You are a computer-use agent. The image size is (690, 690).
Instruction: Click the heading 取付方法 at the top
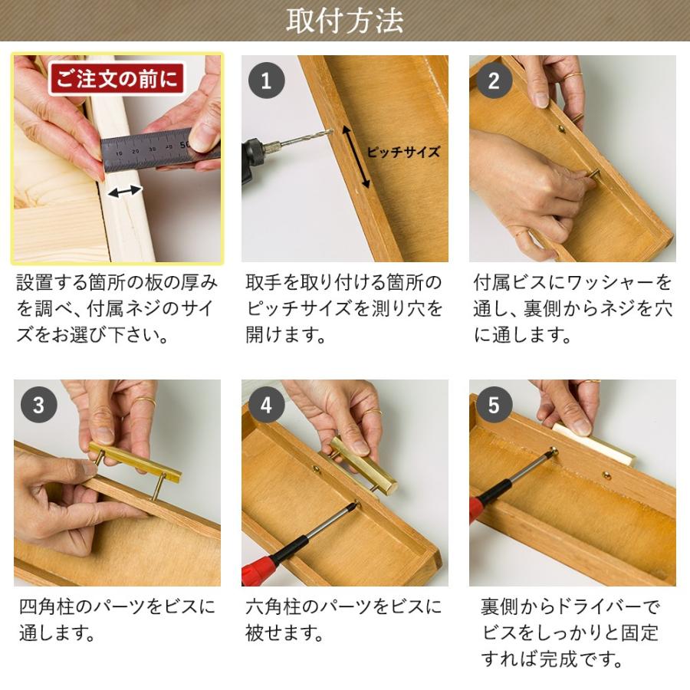click(x=344, y=21)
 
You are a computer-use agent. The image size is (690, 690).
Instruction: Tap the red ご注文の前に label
click(x=117, y=79)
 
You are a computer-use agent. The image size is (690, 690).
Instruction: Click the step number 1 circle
click(x=266, y=80)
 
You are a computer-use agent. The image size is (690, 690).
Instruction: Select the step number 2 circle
click(x=494, y=80)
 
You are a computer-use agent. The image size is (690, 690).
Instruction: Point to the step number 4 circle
click(x=266, y=405)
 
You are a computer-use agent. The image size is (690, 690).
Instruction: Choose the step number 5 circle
click(x=494, y=405)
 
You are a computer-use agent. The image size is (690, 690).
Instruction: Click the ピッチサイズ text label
click(x=402, y=152)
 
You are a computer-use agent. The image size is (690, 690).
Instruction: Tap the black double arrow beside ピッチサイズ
click(x=360, y=158)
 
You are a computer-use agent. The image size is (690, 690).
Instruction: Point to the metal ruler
click(x=149, y=149)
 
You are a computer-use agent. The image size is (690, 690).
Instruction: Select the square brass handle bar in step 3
click(x=136, y=462)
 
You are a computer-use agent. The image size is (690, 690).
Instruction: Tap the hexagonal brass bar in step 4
click(x=364, y=464)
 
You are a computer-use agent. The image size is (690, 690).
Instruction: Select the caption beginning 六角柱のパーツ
click(x=343, y=620)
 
